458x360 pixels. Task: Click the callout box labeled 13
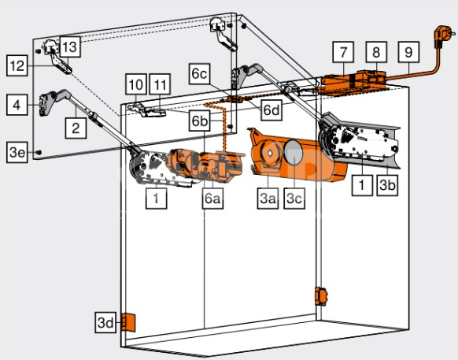[x=70, y=46]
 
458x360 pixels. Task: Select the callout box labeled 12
[x=17, y=65]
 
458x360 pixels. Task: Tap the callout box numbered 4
[x=17, y=105]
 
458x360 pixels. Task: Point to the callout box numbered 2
[x=76, y=128]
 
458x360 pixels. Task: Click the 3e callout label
[x=17, y=152]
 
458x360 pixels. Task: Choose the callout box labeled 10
[x=136, y=84]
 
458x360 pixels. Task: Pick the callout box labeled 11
[x=160, y=84]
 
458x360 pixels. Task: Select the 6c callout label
[x=200, y=74]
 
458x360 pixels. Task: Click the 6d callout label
[x=271, y=110]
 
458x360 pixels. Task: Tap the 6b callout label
[x=200, y=121]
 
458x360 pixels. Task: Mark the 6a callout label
[x=212, y=199]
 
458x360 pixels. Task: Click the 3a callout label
[x=268, y=199]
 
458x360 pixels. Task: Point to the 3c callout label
[x=294, y=199]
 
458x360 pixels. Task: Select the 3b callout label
[x=387, y=185]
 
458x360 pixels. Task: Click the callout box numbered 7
[x=343, y=52]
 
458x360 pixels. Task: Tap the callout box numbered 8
[x=376, y=52]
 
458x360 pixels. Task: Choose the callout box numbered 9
[x=408, y=52]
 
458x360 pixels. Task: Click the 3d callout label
[x=105, y=322]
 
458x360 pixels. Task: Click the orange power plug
[x=443, y=35]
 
